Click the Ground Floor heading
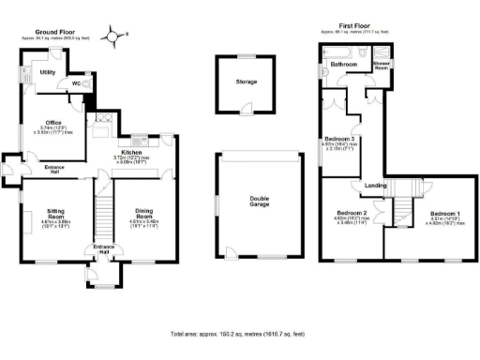pos(54,33)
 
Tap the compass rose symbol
pos(112,37)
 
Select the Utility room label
pos(48,71)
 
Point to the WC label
pos(76,83)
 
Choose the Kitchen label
pos(130,152)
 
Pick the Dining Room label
pos(144,216)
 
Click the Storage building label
pos(246,81)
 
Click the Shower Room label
pos(382,67)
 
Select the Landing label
pos(376,185)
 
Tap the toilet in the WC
pos(88,83)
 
